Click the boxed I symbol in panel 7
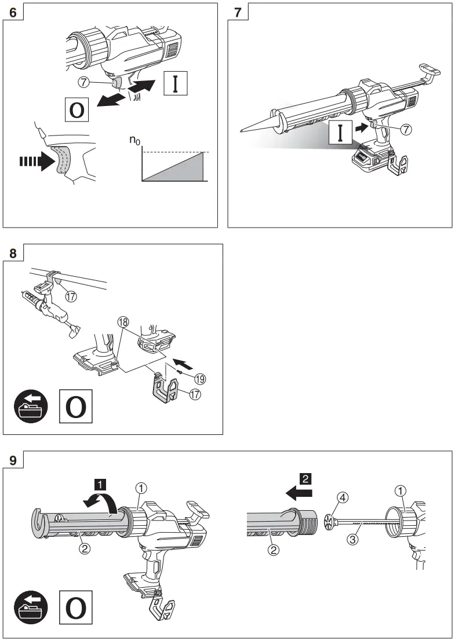341,133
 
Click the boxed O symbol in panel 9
75,609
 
